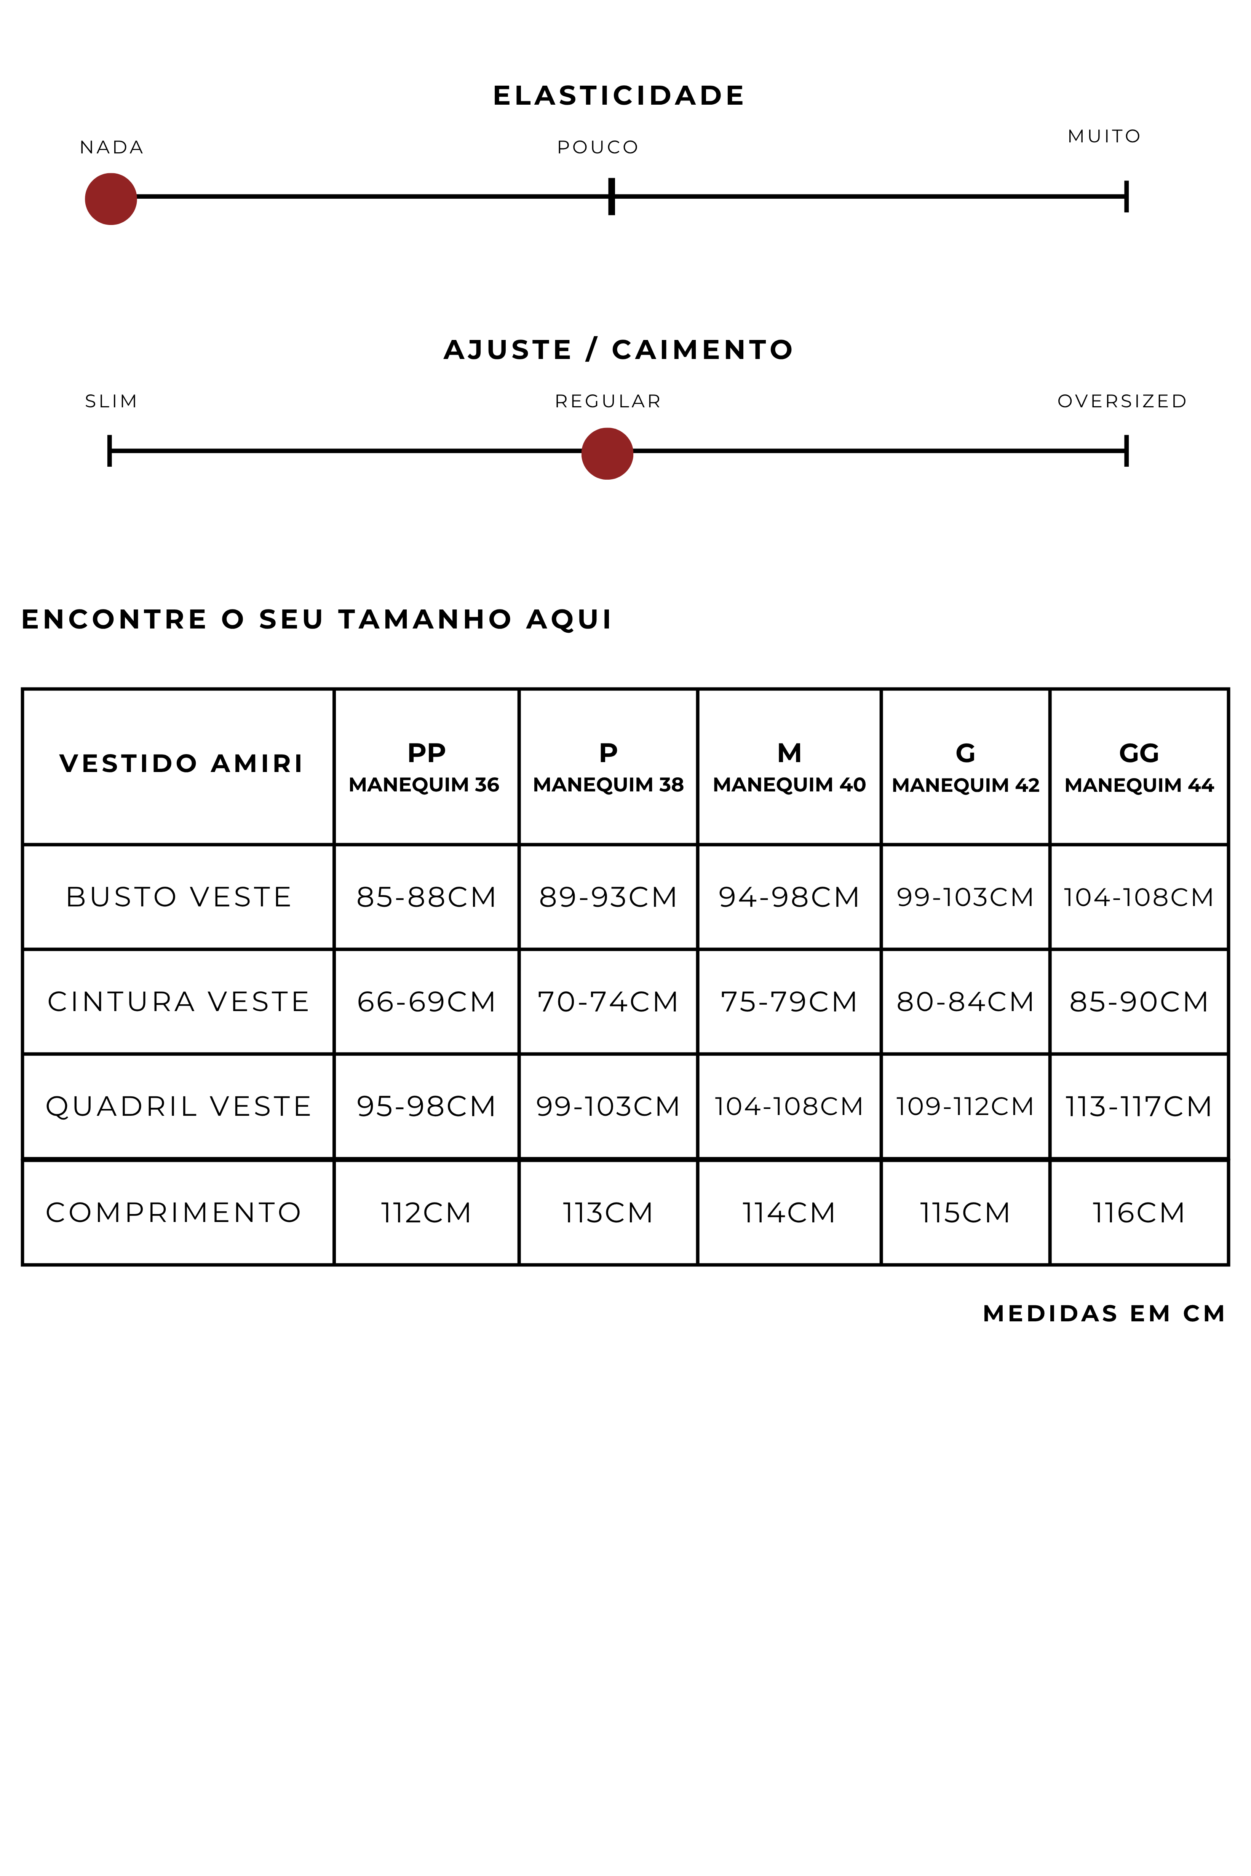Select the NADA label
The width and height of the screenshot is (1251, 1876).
(x=112, y=148)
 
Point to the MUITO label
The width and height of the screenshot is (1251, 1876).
(x=1104, y=136)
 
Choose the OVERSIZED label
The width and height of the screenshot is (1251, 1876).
(x=1122, y=401)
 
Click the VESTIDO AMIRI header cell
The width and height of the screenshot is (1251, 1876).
(x=181, y=763)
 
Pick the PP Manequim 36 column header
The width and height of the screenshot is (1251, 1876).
(x=426, y=767)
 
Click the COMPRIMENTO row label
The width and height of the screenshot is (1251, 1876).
(x=174, y=1212)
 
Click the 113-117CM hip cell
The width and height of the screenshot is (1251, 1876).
(x=1139, y=1106)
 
